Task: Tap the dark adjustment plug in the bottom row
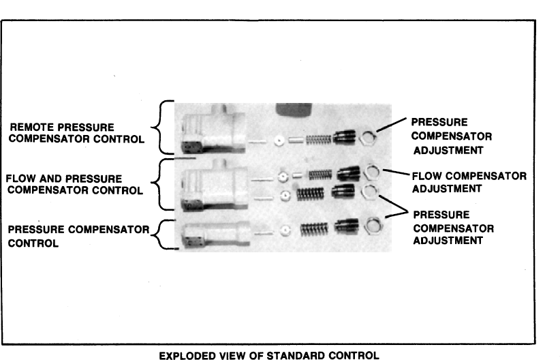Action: click(346, 226)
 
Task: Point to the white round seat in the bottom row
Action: click(285, 229)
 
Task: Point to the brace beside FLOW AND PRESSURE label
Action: click(155, 184)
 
